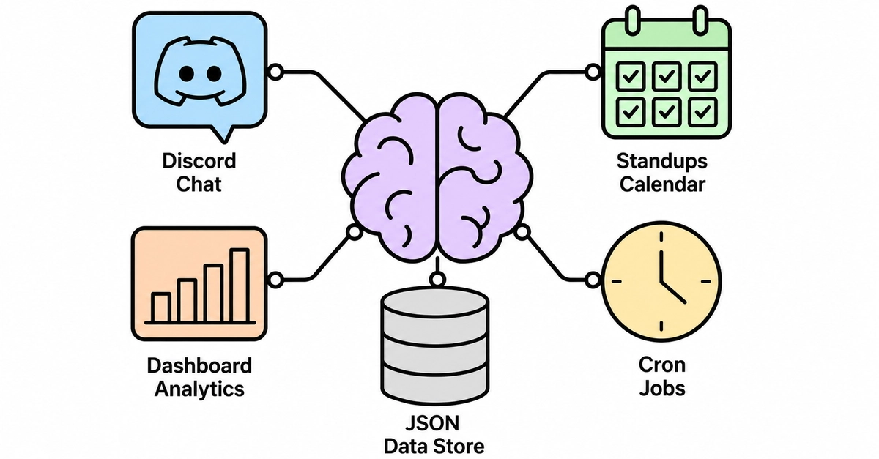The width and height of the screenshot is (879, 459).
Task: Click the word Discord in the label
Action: coord(199,161)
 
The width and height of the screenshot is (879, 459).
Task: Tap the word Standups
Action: coord(662,162)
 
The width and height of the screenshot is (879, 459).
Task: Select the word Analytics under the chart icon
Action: coord(199,389)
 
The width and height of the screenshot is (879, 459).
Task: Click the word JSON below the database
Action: coord(432,423)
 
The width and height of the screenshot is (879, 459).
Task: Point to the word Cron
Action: coord(662,365)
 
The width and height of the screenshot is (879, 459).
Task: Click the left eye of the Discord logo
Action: coord(186,73)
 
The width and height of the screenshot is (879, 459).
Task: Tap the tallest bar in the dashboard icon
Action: coord(240,286)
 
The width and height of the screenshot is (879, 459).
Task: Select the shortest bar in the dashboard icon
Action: coord(161,307)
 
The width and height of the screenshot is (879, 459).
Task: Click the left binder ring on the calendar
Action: coord(633,20)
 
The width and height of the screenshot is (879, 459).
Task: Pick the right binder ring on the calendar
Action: coord(700,20)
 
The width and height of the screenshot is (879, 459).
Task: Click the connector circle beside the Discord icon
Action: coord(275,72)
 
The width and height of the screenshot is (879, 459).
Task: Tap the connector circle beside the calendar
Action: coord(593,72)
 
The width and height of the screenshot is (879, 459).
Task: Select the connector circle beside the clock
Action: coord(593,280)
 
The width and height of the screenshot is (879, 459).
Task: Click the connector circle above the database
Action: coord(437,280)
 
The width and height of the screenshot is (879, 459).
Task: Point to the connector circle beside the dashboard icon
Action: coord(275,280)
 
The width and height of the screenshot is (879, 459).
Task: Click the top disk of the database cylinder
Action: coord(435,303)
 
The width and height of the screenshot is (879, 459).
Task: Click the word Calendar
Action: coord(662,184)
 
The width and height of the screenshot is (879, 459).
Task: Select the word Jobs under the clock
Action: coord(662,389)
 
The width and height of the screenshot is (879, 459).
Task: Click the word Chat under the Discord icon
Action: coord(199,184)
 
